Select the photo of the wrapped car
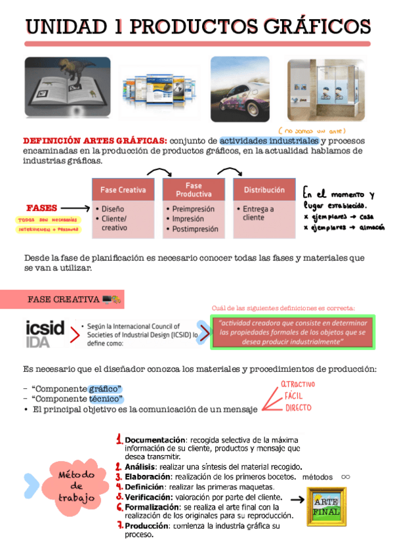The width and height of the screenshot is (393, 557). pyautogui.click(x=240, y=89)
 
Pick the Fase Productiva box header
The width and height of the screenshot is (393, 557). pyautogui.click(x=194, y=189)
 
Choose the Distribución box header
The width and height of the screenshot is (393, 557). pyautogui.click(x=264, y=190)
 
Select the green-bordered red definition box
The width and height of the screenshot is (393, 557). pyautogui.click(x=293, y=332)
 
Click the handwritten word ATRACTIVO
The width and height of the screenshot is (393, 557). pyautogui.click(x=297, y=384)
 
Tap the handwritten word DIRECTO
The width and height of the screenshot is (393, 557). pyautogui.click(x=297, y=408)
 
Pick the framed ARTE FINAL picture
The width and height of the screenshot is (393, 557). pyautogui.click(x=327, y=505)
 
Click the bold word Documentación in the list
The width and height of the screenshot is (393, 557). pyautogui.click(x=155, y=439)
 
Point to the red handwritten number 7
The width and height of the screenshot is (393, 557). pyautogui.click(x=120, y=526)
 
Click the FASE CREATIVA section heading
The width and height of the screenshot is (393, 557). pyautogui.click(x=64, y=300)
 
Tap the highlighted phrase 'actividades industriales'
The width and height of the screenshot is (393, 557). pyautogui.click(x=270, y=141)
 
